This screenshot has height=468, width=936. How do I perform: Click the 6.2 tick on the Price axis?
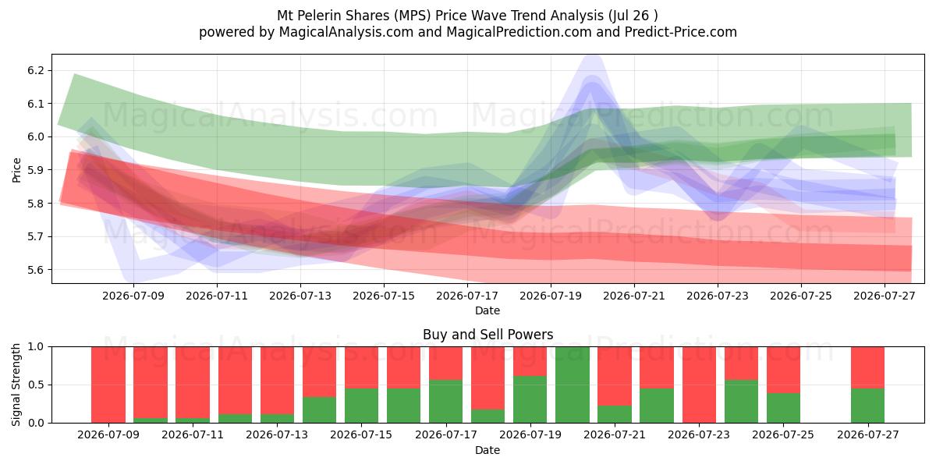click(x=36, y=70)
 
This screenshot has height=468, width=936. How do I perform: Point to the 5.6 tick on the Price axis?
click(x=36, y=270)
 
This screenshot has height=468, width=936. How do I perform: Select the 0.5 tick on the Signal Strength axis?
click(x=36, y=385)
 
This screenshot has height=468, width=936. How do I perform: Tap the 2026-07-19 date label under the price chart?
click(x=551, y=296)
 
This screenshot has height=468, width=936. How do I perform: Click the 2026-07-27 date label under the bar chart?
click(x=868, y=435)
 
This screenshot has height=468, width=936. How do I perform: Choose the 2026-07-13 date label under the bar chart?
click(x=277, y=435)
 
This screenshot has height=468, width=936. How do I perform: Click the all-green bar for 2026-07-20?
click(x=573, y=385)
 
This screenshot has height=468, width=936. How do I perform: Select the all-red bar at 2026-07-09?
click(x=108, y=385)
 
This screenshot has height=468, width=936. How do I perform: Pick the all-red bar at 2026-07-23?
click(x=699, y=385)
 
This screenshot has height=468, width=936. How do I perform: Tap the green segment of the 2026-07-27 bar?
click(x=868, y=406)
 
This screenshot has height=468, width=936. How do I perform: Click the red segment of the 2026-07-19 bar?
click(x=530, y=361)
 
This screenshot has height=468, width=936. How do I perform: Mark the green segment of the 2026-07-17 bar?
click(x=446, y=402)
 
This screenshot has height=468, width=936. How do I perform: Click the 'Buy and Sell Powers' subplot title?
click(x=488, y=335)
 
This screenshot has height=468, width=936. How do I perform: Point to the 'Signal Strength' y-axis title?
click(x=16, y=385)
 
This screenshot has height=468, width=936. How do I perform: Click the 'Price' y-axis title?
click(x=16, y=170)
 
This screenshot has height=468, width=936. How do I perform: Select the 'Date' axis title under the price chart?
click(x=487, y=310)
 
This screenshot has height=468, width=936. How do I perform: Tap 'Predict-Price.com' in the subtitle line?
click(x=681, y=32)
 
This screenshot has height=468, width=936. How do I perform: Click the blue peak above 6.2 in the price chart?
click(x=593, y=58)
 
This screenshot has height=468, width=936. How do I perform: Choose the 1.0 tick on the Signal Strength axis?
click(x=36, y=347)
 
